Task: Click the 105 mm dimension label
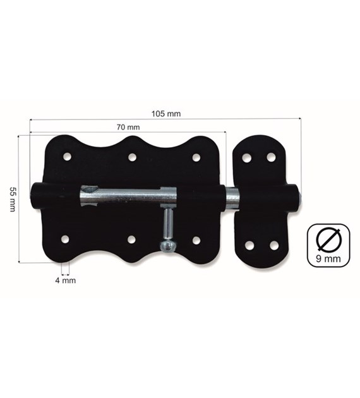166,114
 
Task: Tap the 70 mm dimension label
128,127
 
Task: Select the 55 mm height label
13,199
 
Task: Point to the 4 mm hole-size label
66,280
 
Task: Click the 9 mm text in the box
328,258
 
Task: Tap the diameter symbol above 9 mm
328,239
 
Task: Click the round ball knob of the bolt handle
167,246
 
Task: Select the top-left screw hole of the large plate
67,157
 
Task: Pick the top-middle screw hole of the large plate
132,157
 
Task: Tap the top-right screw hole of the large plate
196,157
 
